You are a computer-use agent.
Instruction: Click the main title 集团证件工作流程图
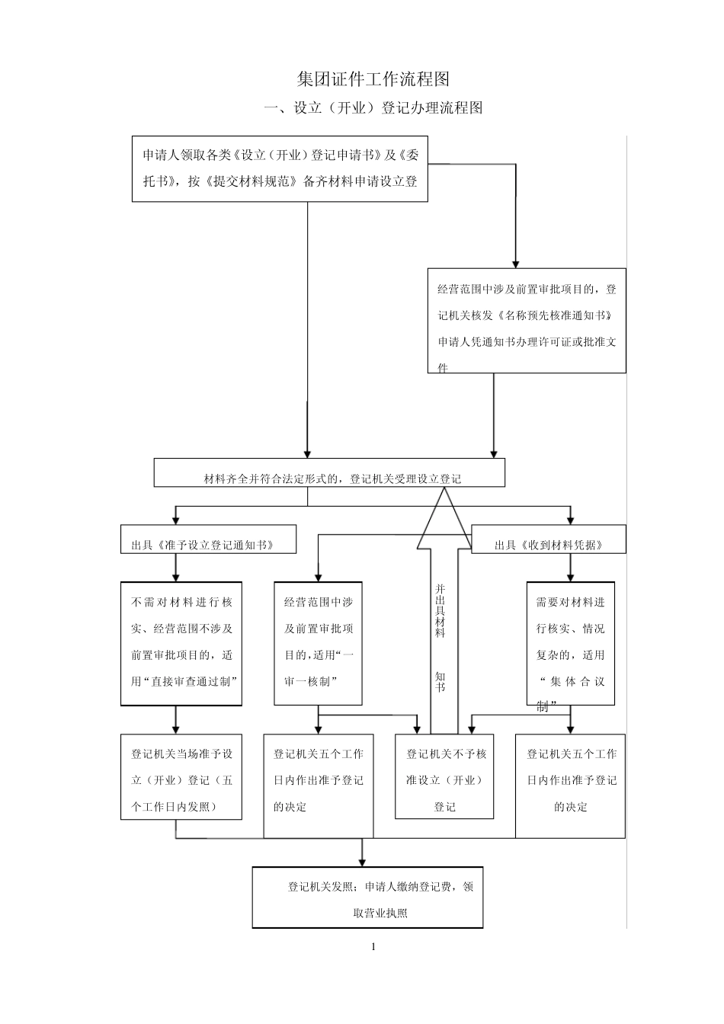click(x=373, y=79)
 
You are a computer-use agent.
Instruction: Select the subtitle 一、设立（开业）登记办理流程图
click(x=373, y=108)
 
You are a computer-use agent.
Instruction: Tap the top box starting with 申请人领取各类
click(x=280, y=168)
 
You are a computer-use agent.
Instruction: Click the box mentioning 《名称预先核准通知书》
click(x=526, y=321)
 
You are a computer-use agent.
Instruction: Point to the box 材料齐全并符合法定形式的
click(x=329, y=472)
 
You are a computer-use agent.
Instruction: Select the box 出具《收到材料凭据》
click(x=548, y=539)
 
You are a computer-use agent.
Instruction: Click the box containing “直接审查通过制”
click(x=181, y=644)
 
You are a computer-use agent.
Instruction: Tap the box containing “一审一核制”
click(x=318, y=644)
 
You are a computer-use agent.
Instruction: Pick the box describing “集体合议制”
click(x=570, y=644)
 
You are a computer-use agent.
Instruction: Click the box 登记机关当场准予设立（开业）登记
click(x=181, y=777)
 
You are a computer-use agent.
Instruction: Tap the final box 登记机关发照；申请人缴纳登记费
click(x=367, y=898)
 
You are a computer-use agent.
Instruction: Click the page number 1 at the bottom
click(x=373, y=947)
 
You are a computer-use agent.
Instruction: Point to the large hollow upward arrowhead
click(x=444, y=518)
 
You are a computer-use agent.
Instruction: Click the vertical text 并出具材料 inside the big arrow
click(x=440, y=610)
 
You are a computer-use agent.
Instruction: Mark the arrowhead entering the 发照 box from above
click(x=362, y=861)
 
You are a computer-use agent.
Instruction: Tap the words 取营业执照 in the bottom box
click(x=380, y=912)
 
